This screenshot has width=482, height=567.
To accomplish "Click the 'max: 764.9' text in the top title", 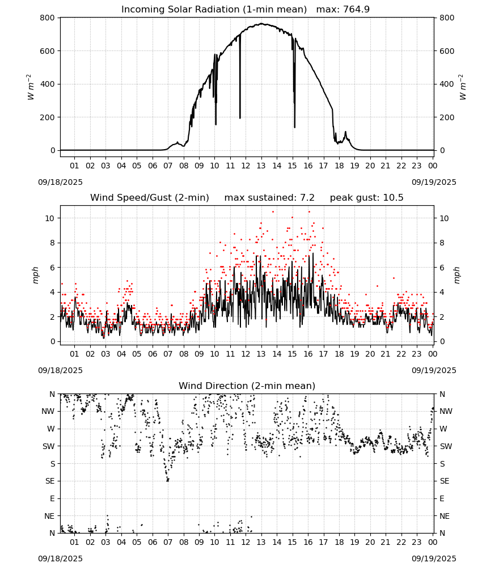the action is [x=343, y=9].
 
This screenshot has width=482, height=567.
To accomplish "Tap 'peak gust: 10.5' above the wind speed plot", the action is [x=367, y=197].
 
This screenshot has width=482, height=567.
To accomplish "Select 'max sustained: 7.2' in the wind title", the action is [x=269, y=197].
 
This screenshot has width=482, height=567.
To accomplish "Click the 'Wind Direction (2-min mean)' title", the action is [x=247, y=386].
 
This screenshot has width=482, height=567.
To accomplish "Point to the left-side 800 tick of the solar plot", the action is [x=48, y=18].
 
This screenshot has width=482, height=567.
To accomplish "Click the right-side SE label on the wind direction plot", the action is [x=445, y=481].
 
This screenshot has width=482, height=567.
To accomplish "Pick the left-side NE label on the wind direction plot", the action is [x=49, y=516].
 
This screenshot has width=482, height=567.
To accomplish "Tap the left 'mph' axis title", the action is [x=35, y=275].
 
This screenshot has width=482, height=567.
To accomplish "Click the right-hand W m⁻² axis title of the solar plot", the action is [x=463, y=87].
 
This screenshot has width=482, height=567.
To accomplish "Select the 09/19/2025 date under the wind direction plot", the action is [x=434, y=558].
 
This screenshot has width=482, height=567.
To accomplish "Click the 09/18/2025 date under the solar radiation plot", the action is [x=60, y=182].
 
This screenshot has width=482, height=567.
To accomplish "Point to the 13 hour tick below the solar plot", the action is [x=261, y=166].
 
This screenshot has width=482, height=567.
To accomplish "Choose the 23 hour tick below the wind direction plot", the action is [x=417, y=542].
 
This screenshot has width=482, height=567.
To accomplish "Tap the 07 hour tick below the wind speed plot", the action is [x=168, y=354].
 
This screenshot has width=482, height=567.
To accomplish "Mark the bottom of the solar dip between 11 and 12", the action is [x=240, y=118].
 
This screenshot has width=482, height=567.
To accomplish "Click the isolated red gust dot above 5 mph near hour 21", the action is [x=394, y=278].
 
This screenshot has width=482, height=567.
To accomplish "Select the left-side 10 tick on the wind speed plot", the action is [x=50, y=218].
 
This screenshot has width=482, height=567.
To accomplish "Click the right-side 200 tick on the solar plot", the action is [x=447, y=117].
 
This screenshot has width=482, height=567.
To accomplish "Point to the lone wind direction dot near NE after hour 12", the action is [x=251, y=517].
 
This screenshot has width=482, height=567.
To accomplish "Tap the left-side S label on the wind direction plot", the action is [x=53, y=464].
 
